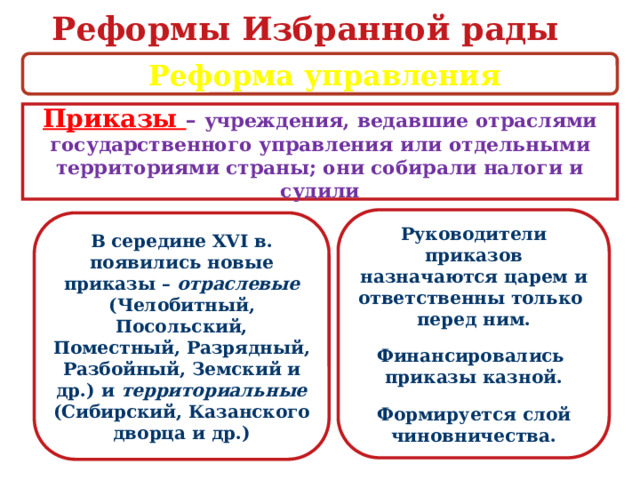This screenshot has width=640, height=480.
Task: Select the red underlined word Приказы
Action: tap(113, 120)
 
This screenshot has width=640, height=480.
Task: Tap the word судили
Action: tap(320, 190)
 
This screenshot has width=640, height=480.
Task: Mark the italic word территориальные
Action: tap(243, 390)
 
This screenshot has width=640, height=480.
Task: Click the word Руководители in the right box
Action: tap(473, 233)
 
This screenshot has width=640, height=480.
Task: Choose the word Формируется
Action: tap(442, 414)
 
